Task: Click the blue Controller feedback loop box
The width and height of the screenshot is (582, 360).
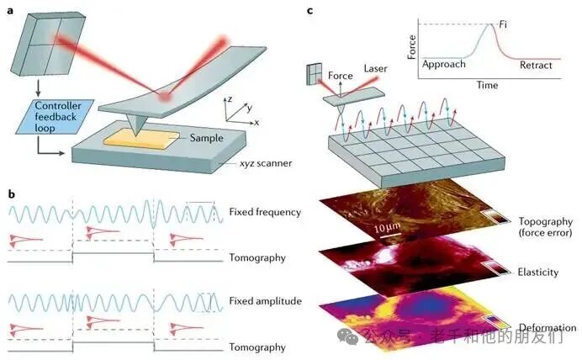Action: [x=55, y=117]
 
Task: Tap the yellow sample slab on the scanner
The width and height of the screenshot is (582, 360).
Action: [x=140, y=140]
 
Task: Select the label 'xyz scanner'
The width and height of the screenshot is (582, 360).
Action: [x=266, y=163]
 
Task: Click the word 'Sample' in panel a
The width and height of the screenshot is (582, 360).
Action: [x=206, y=138]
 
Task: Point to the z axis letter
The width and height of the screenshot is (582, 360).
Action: [x=230, y=99]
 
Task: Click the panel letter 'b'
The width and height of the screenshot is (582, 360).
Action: [x=12, y=194]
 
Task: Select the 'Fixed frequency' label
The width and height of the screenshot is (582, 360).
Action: [x=265, y=212]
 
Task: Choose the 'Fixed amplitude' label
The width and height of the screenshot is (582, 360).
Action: [x=266, y=301]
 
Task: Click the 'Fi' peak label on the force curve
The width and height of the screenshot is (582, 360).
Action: [x=503, y=24]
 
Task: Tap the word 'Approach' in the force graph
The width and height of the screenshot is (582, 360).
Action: [x=444, y=64]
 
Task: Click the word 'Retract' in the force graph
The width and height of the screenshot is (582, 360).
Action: [x=536, y=66]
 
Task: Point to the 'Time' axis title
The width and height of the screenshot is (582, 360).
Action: [x=487, y=85]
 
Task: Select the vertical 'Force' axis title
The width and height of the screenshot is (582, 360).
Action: [x=411, y=47]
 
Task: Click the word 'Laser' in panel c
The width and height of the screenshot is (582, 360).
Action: [x=375, y=69]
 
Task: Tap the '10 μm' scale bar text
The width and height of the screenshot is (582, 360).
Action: [x=387, y=227]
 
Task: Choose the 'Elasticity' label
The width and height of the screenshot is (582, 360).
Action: [x=537, y=272]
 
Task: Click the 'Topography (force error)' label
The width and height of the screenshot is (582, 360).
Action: [x=545, y=227]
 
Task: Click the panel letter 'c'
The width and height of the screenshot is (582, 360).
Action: [x=310, y=10]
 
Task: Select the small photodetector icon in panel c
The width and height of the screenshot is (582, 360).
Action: [x=314, y=74]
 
